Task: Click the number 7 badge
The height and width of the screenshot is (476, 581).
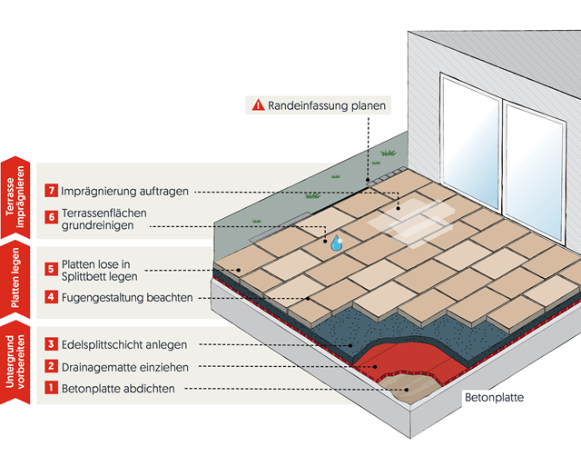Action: (x=52, y=191)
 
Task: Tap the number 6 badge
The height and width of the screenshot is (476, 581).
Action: (x=52, y=217)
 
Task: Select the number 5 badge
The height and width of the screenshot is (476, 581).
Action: (x=52, y=269)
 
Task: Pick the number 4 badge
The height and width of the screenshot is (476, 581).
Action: (x=52, y=297)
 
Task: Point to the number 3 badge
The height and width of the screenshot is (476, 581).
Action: (x=52, y=344)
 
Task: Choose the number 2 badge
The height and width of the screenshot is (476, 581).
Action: (x=52, y=367)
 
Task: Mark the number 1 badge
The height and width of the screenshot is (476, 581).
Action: (x=52, y=389)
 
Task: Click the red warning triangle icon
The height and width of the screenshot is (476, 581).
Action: (x=258, y=105)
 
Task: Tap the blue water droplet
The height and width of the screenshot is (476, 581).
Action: (x=336, y=243)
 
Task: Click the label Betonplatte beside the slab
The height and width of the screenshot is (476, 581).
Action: (x=494, y=397)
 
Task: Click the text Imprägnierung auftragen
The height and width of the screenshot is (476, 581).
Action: (x=125, y=191)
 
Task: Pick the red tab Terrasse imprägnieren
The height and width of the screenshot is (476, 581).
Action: (x=15, y=195)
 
